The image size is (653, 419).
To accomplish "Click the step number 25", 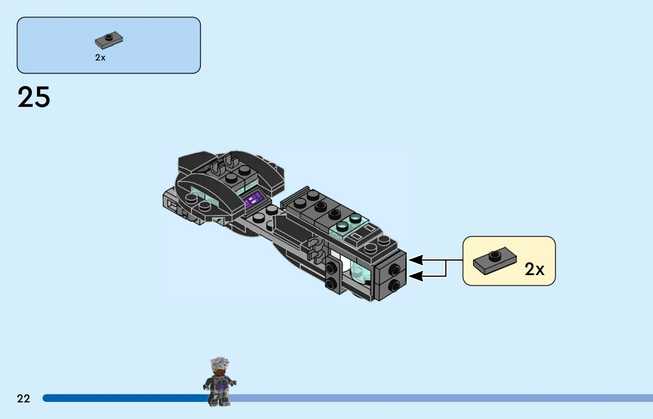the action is click(x=34, y=97).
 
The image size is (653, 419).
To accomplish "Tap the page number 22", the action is click(x=23, y=399).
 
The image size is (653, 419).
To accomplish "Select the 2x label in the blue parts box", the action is click(x=100, y=57).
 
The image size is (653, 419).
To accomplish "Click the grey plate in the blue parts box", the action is click(x=109, y=40).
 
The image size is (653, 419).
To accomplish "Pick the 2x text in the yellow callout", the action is click(x=534, y=269).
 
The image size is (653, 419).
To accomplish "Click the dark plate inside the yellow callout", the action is click(x=495, y=262).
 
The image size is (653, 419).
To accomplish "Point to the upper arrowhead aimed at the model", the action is click(x=416, y=260).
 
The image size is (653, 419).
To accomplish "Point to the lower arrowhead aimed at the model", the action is click(x=416, y=276).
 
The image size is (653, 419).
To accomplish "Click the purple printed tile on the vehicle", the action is click(x=254, y=200).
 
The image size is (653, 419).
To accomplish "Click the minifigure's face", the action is click(x=220, y=372).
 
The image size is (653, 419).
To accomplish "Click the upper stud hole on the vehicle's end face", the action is click(x=394, y=269).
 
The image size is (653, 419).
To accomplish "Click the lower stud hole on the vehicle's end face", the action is click(x=393, y=285).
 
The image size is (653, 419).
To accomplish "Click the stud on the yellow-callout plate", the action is click(x=495, y=256).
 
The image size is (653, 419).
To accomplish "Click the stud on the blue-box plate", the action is click(x=109, y=37).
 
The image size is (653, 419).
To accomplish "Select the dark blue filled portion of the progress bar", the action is click(x=125, y=398).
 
